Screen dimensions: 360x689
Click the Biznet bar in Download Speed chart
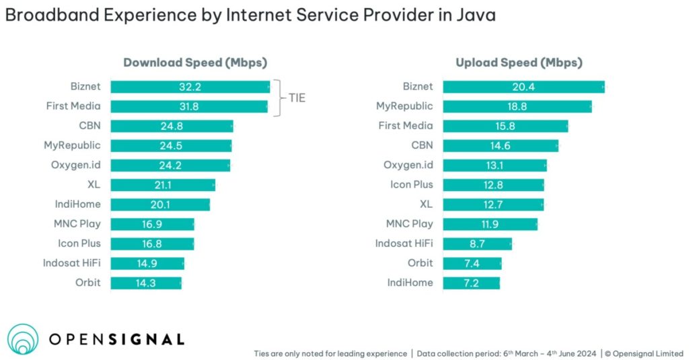coord(190,87)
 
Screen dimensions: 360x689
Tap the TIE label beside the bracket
coord(297,98)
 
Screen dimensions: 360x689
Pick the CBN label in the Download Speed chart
coord(89,126)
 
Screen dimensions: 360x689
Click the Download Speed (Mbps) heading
coord(195,63)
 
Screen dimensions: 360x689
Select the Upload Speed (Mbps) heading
coord(519,63)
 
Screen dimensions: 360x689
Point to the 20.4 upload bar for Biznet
coord(523,87)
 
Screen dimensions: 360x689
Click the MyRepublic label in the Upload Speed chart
coord(404,106)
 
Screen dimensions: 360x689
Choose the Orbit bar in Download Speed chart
coord(145,283)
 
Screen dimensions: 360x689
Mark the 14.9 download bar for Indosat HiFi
coord(147,263)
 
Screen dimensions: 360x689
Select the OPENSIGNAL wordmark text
coord(116,339)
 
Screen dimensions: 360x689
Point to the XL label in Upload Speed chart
coord(426,205)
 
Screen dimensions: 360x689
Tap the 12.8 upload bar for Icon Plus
coord(493,185)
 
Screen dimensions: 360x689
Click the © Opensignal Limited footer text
coord(643,353)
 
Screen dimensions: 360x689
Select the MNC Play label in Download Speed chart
coord(77,224)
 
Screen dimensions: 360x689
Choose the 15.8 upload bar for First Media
coord(505,126)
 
